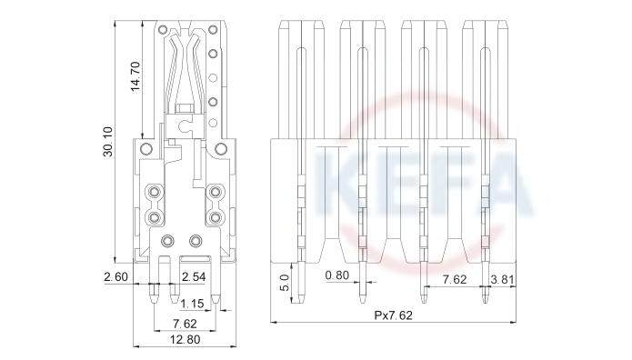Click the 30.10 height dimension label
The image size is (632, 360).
pos(108,141)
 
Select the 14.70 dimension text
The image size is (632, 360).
pos(136,76)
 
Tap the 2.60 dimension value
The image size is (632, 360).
pos(115,277)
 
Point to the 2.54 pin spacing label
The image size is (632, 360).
pos(194,277)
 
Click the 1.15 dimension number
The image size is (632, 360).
pos(192,304)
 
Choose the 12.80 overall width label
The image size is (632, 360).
pos(185,339)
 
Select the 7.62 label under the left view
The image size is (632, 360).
pos(185,324)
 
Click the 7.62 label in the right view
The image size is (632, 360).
pos(455,279)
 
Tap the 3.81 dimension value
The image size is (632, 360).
pos(502,279)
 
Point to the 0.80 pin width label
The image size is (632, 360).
pos(336,275)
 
